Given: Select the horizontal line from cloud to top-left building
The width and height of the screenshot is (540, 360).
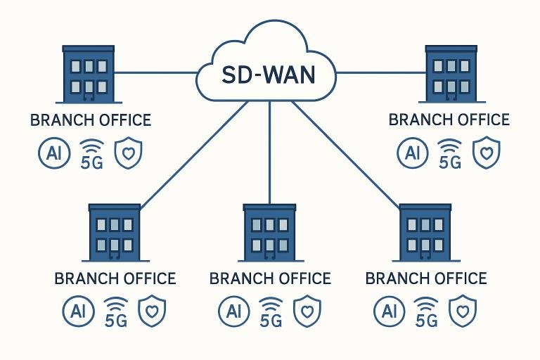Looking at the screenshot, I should click(155, 72).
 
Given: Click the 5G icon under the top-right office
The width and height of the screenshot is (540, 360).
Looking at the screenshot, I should click(449, 155).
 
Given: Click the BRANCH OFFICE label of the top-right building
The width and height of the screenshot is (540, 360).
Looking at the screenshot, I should click(449, 120).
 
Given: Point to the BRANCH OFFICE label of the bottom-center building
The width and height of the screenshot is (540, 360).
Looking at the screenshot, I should click(270, 278).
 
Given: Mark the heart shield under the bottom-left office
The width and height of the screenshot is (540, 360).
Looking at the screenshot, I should click(152, 310).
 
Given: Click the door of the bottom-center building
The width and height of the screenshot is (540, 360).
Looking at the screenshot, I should click(270, 254).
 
